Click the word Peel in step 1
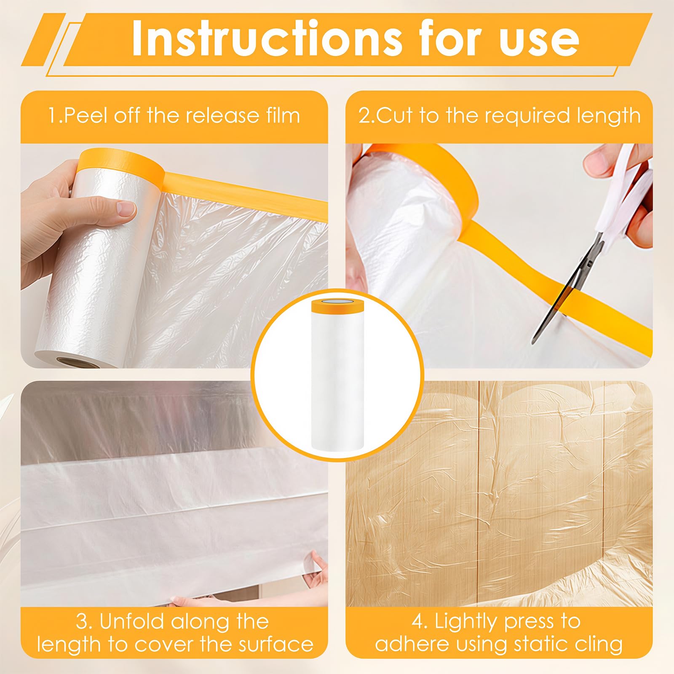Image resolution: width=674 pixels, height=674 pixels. [84, 115]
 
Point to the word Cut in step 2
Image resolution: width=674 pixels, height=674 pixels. [394, 115]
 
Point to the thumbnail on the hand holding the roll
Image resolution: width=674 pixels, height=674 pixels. [126, 209]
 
